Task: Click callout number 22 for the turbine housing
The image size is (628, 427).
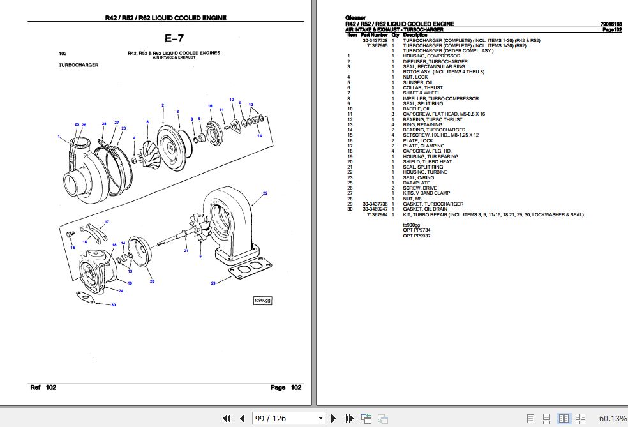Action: click(264, 193)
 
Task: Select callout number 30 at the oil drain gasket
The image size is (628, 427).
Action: click(113, 305)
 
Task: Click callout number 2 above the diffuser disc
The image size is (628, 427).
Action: click(163, 105)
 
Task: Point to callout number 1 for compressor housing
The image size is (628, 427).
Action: click(59, 137)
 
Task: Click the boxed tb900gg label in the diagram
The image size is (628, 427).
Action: click(262, 300)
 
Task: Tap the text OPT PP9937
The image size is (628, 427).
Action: click(416, 236)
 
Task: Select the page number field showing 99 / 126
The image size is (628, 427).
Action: click(288, 419)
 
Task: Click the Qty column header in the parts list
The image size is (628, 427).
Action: click(395, 35)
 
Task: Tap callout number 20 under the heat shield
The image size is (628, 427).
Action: click(151, 281)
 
